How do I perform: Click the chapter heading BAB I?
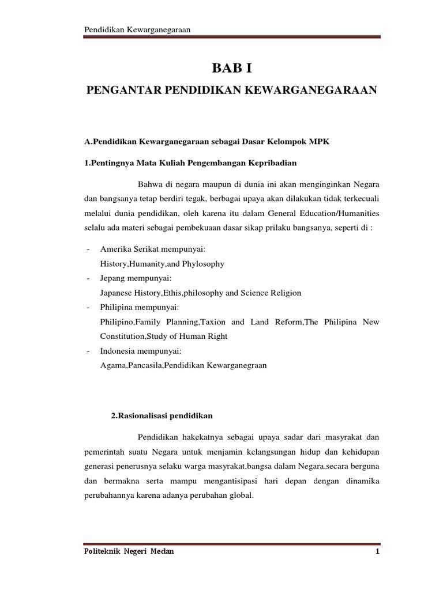click(232, 69)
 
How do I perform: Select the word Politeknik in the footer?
click(104, 551)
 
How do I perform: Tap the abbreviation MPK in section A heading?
click(317, 142)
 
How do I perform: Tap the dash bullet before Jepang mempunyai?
click(87, 278)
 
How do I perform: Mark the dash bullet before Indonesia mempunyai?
click(87, 350)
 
